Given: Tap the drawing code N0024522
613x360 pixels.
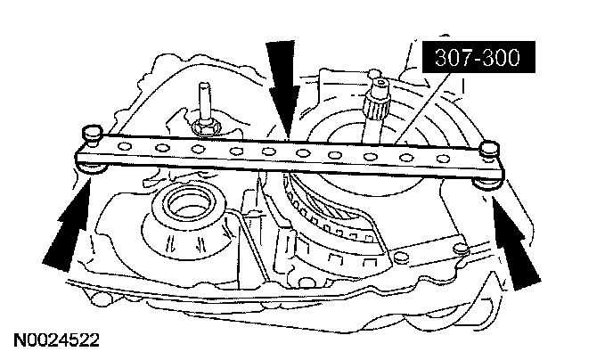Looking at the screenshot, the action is coord(54,340).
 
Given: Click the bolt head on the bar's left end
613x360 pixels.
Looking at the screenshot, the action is coord(89,132).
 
